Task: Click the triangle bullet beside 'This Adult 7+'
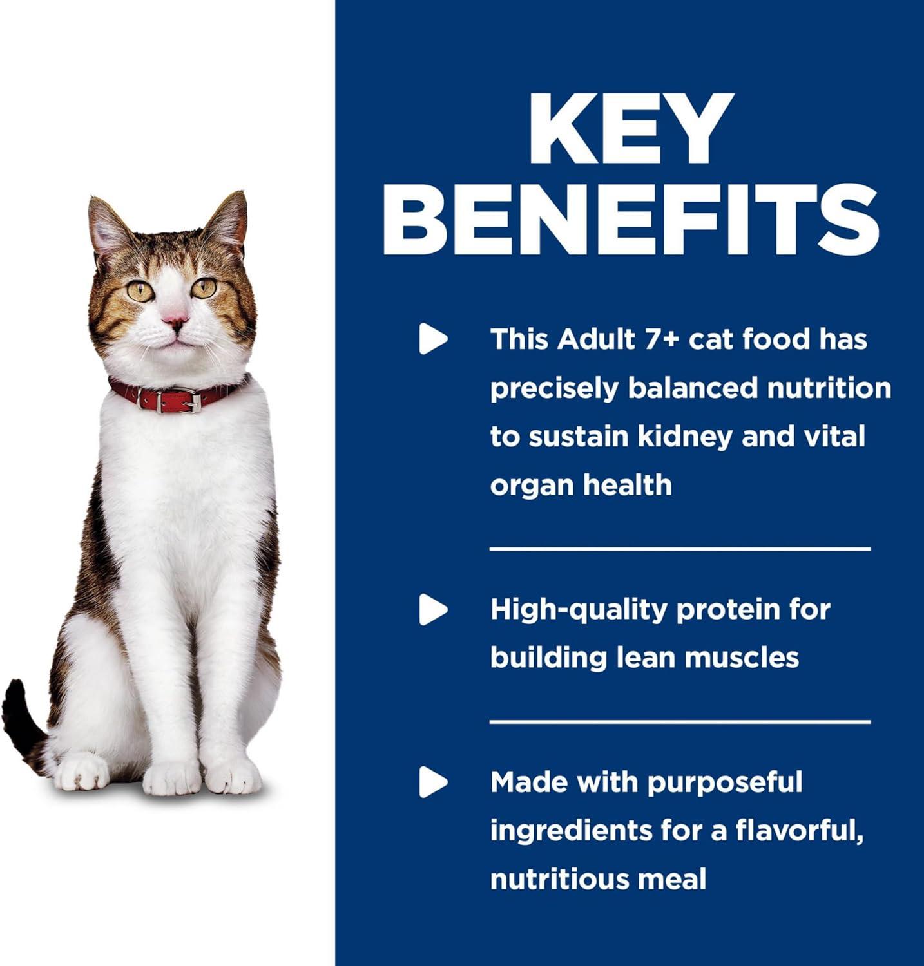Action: (x=433, y=339)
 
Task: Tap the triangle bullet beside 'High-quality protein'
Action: (x=433, y=609)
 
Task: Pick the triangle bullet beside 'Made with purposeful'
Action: (x=433, y=782)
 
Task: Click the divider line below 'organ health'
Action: (x=680, y=549)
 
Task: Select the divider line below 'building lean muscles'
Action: (x=680, y=722)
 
